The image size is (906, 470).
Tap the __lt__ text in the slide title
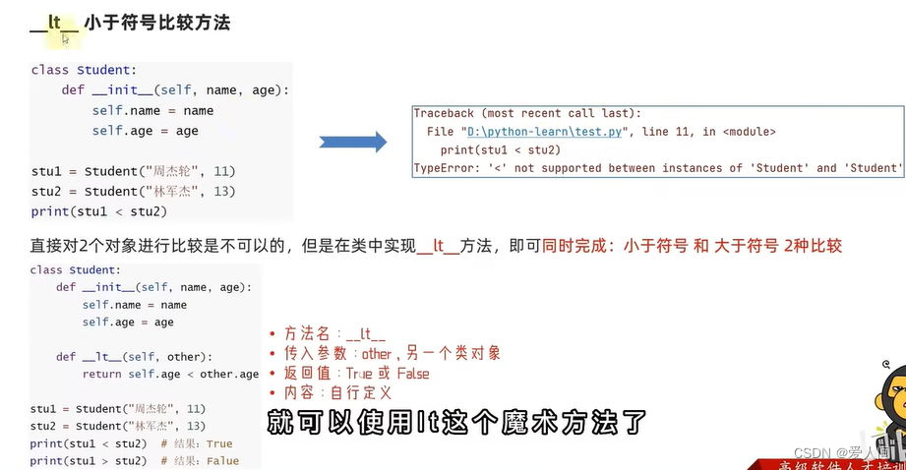[x=55, y=22]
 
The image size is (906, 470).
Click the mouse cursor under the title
[x=66, y=39]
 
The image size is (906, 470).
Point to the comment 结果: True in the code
[x=197, y=443]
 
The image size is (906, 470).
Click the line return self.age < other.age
[x=171, y=374]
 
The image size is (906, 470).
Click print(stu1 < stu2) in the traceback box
[x=500, y=149]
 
